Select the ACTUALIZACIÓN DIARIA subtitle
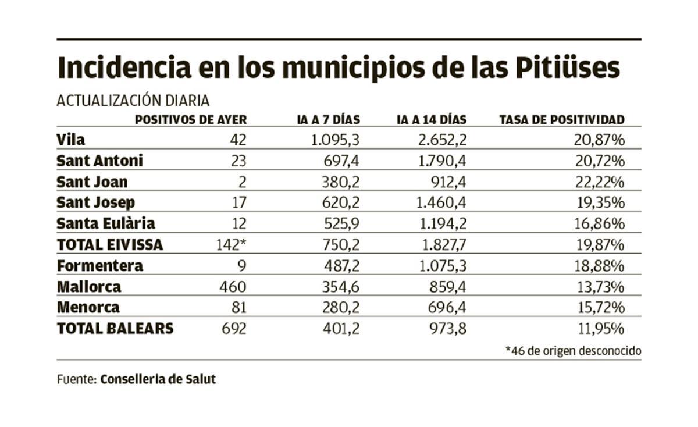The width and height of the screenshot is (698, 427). pos(133,101)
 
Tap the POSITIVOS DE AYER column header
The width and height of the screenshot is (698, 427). pos(191,120)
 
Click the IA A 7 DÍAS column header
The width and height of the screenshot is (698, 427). pos(327,120)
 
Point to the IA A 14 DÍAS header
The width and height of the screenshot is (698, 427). pos(431,120)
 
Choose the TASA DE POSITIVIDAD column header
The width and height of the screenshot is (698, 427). pos(562,120)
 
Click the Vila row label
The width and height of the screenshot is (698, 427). pos(71,140)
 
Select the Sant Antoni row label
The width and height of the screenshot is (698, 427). pos(99,161)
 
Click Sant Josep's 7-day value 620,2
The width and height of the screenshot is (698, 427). pos(341,203)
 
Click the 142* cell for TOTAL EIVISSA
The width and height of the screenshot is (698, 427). pos(231,245)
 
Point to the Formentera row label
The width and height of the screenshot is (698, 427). pos(99,266)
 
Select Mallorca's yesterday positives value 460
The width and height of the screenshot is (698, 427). pos(234,287)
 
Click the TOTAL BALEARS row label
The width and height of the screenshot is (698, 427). pos(115,329)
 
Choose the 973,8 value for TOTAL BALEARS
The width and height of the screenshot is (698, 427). pos(446,329)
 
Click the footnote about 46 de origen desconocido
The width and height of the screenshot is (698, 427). pos(573,351)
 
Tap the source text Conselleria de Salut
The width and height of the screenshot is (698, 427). pos(158,379)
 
